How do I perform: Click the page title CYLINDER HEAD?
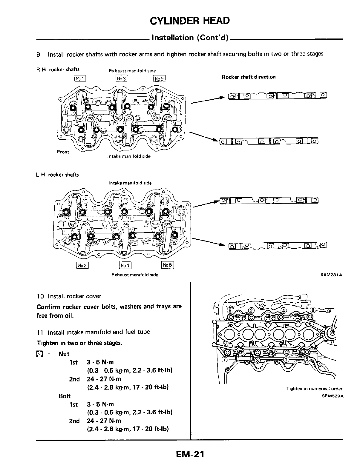[x=190, y=21]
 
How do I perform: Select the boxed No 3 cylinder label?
[x=121, y=78]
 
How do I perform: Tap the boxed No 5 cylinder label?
[x=159, y=79]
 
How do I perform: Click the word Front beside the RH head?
[x=63, y=152]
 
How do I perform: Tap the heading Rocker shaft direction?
[x=249, y=77]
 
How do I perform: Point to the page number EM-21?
[x=190, y=454]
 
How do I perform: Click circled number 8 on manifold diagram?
[x=313, y=309]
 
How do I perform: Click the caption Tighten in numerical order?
[x=314, y=389]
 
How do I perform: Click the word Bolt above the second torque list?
[x=65, y=396]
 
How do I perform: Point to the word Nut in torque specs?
[x=64, y=354]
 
